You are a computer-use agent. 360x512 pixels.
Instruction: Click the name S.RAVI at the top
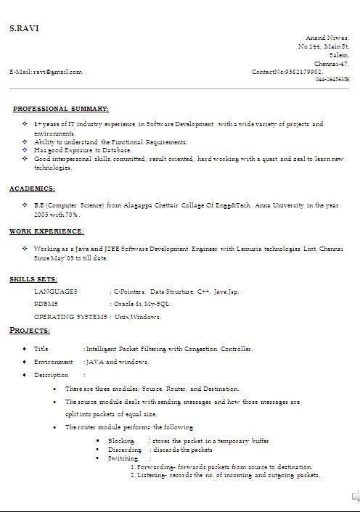click(x=24, y=28)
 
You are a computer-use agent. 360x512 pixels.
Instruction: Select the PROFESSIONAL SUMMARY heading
click(x=61, y=109)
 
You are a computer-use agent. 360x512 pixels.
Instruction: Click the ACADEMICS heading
click(x=32, y=189)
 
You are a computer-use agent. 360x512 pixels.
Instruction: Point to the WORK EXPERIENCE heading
click(x=46, y=231)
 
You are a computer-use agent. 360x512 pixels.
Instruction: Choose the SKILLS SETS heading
click(x=34, y=278)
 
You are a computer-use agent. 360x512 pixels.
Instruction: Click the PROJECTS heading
click(x=30, y=331)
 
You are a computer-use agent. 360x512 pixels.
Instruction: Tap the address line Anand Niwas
click(x=327, y=38)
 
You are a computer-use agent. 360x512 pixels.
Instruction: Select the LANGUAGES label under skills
click(x=55, y=292)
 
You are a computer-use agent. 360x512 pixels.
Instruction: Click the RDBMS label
click(x=46, y=304)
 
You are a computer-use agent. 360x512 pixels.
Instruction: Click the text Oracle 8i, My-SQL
click(x=142, y=304)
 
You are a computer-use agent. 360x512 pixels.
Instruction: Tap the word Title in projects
click(x=41, y=349)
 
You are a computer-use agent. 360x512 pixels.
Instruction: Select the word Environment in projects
click(x=54, y=362)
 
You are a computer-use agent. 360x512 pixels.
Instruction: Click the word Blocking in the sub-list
click(x=121, y=441)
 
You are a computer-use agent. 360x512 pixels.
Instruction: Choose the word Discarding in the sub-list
click(x=125, y=450)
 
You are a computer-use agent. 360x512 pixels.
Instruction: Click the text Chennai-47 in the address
click(x=332, y=63)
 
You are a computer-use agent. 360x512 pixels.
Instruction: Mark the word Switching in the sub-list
click(x=123, y=458)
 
